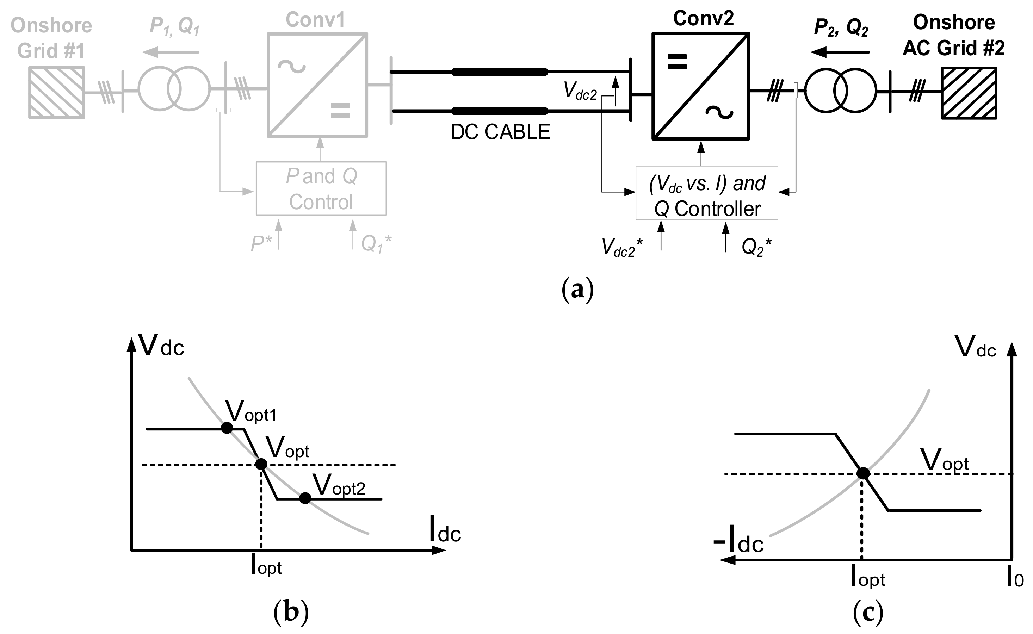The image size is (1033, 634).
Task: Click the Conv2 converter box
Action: click(x=700, y=86)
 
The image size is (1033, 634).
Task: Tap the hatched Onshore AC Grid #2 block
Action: click(x=969, y=93)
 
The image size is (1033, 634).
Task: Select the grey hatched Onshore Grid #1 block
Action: click(x=57, y=92)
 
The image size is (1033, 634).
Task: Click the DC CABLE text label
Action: click(x=500, y=132)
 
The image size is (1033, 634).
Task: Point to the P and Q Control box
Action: click(x=321, y=188)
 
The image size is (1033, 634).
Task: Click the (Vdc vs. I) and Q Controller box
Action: click(x=706, y=194)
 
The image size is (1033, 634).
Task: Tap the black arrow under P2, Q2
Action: click(x=840, y=52)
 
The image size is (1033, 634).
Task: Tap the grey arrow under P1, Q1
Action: click(x=171, y=52)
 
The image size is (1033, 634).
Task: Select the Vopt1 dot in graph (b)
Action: click(x=227, y=428)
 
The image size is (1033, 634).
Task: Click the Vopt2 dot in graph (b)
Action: click(x=305, y=498)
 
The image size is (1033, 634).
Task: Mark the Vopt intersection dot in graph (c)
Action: click(x=863, y=473)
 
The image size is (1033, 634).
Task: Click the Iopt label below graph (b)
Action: click(x=266, y=566)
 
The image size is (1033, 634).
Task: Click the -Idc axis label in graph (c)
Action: click(x=738, y=543)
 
